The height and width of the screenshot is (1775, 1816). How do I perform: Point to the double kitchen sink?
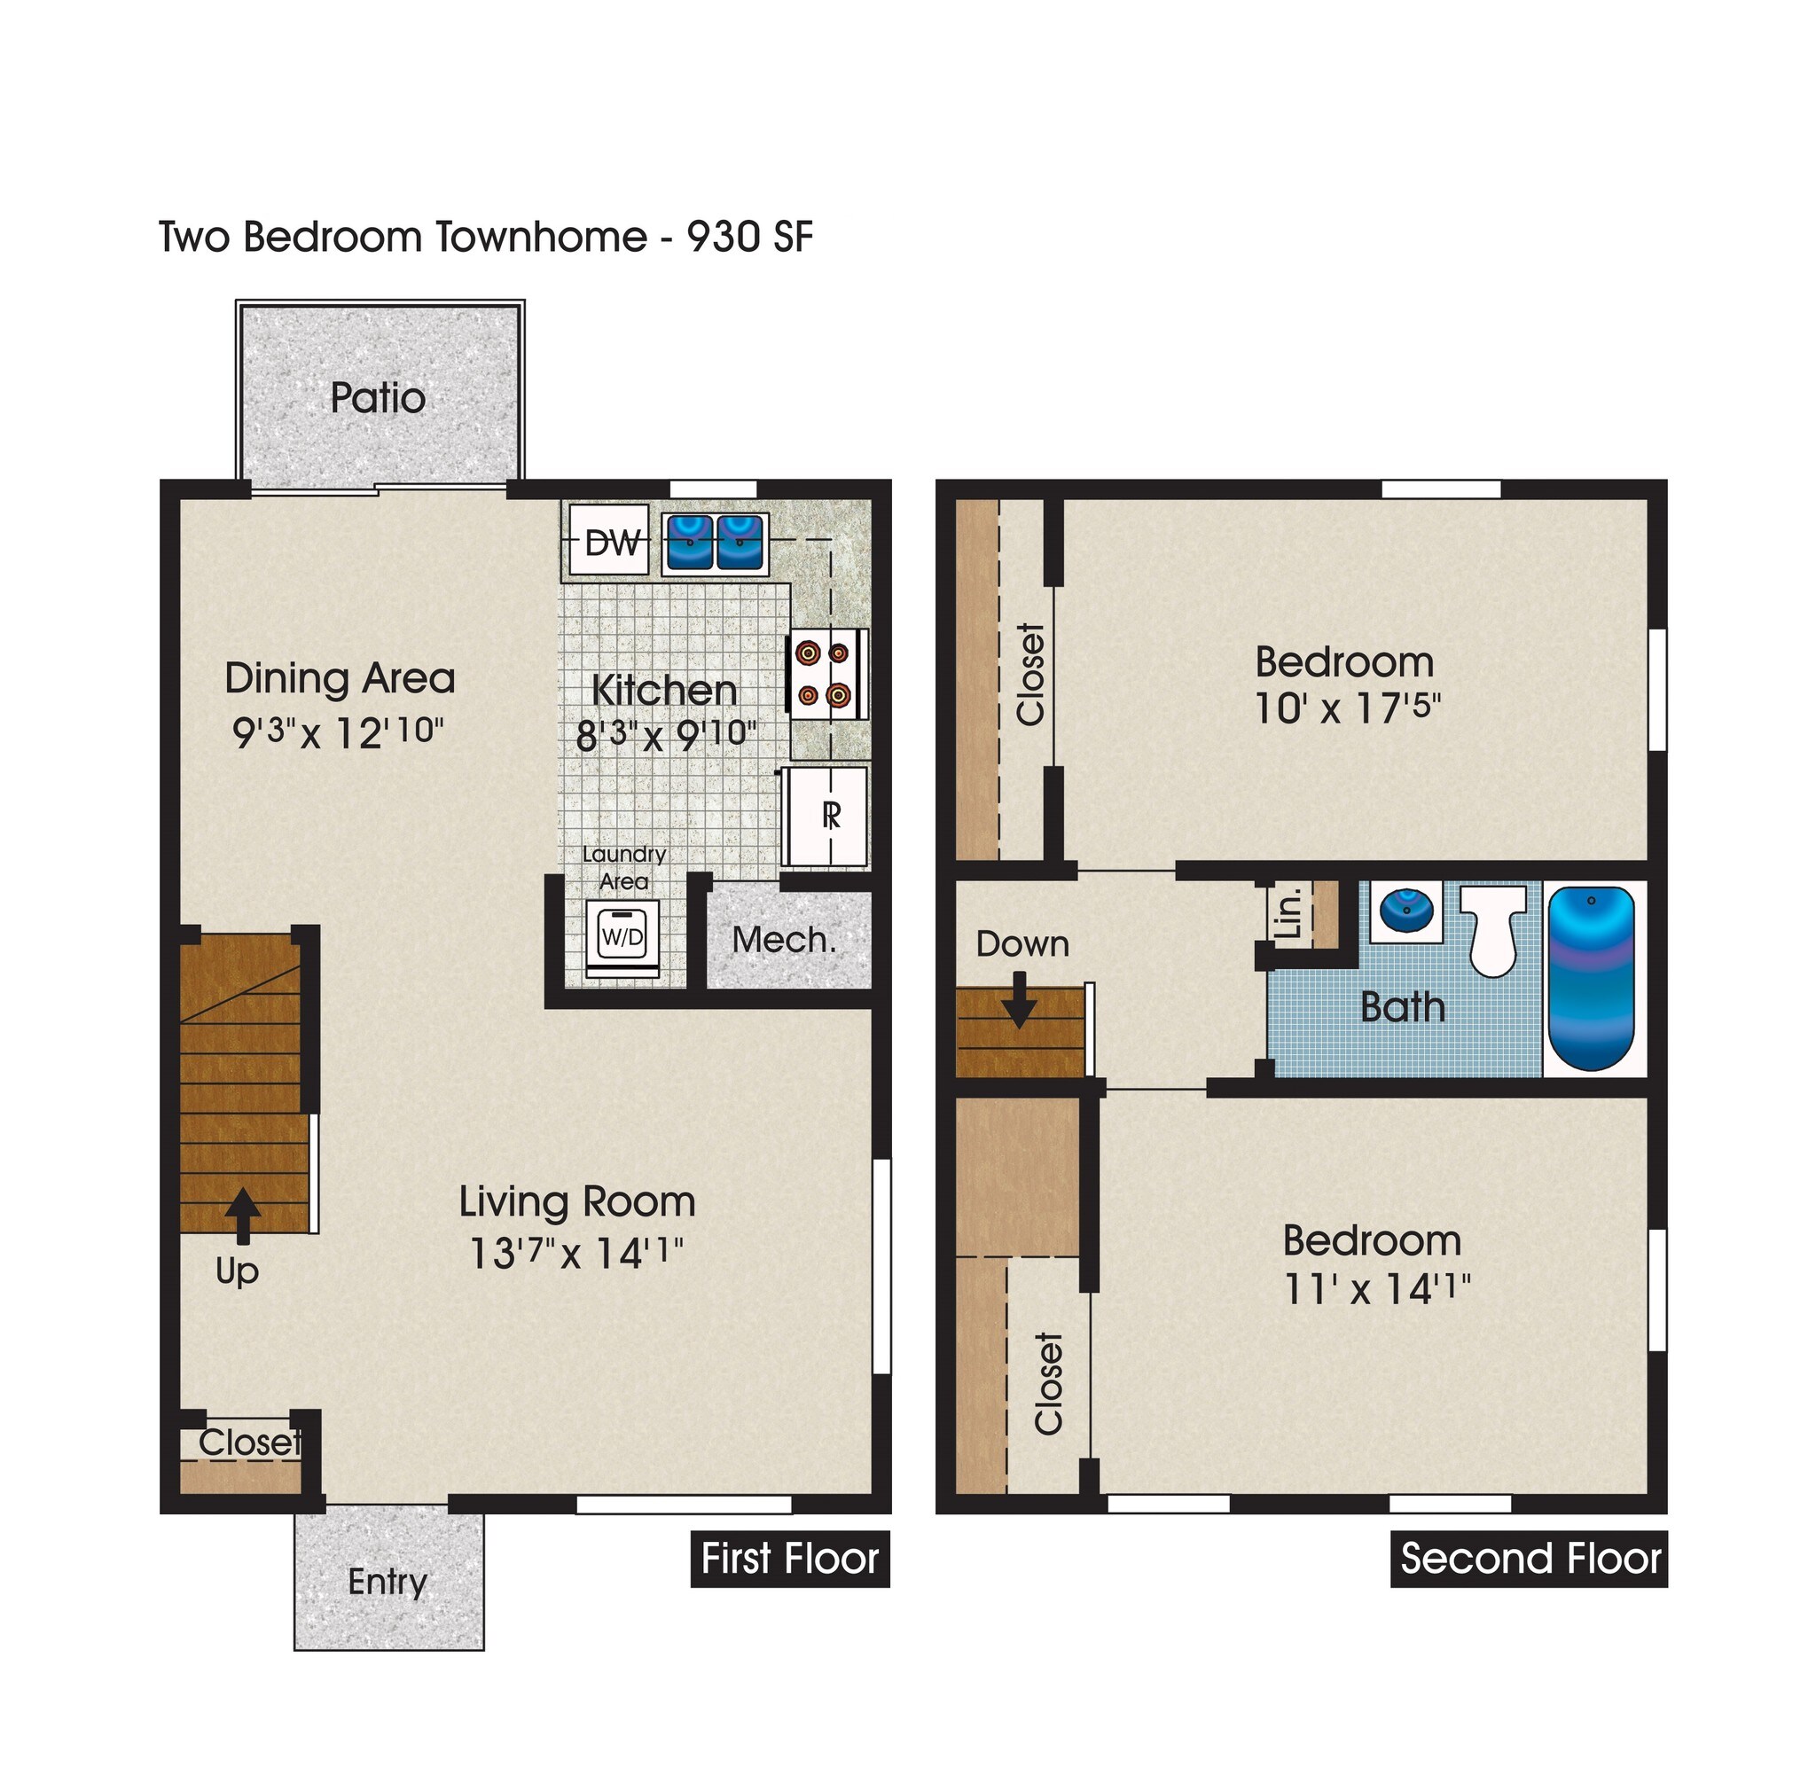[x=715, y=543]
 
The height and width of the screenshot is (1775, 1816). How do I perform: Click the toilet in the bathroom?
[x=1491, y=928]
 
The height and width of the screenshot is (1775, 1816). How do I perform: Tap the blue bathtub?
[x=1592, y=978]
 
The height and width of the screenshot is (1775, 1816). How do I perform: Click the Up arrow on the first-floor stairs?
[x=243, y=1215]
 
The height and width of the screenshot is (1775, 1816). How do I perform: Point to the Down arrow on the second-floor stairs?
[x=1019, y=999]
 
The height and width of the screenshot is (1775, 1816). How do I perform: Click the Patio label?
[x=378, y=398]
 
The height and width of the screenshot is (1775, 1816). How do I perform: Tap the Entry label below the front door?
[x=387, y=1582]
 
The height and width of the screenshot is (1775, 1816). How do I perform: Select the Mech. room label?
[x=783, y=940]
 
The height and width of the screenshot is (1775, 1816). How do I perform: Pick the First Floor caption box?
[x=789, y=1559]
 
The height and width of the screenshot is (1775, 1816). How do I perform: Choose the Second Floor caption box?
[x=1529, y=1559]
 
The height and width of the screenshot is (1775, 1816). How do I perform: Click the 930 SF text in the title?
[x=749, y=237]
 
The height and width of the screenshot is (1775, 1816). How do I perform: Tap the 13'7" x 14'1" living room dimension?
[x=576, y=1253]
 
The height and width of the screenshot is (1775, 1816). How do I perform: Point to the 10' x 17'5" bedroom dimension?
[x=1346, y=709]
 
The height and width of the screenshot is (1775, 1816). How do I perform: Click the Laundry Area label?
[x=623, y=867]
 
